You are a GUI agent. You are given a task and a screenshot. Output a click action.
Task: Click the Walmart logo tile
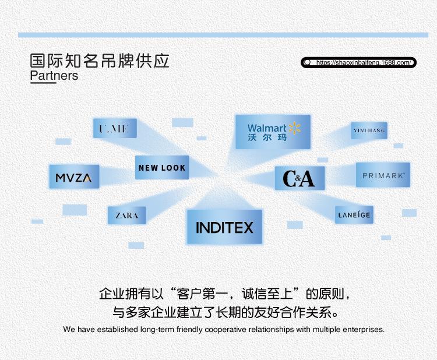(273, 132)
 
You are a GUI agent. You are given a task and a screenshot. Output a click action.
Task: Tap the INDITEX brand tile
(224, 227)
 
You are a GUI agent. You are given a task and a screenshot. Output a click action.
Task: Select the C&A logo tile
(299, 178)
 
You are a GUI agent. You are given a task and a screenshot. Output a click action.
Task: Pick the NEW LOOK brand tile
(162, 168)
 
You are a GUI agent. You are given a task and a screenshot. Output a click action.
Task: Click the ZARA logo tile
(126, 216)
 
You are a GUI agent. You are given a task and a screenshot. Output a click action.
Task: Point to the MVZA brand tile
(74, 177)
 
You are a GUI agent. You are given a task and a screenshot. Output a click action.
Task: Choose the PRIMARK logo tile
(383, 175)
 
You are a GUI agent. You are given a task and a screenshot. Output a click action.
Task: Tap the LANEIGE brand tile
(354, 215)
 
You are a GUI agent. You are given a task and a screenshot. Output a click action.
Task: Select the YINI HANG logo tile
(369, 130)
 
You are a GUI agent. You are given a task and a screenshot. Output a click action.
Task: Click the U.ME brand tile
(115, 129)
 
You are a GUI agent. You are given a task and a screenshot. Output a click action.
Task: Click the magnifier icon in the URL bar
(308, 62)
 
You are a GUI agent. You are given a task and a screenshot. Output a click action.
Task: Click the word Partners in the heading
(54, 76)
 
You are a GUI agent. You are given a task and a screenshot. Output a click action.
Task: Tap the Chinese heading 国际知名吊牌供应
(100, 61)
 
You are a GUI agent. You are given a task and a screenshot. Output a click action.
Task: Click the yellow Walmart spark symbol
(294, 128)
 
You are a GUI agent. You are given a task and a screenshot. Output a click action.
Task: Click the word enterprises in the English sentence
(362, 329)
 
